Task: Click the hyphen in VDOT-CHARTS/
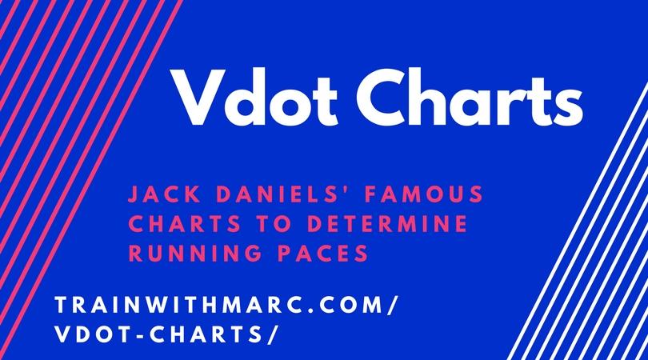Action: point(135,335)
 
